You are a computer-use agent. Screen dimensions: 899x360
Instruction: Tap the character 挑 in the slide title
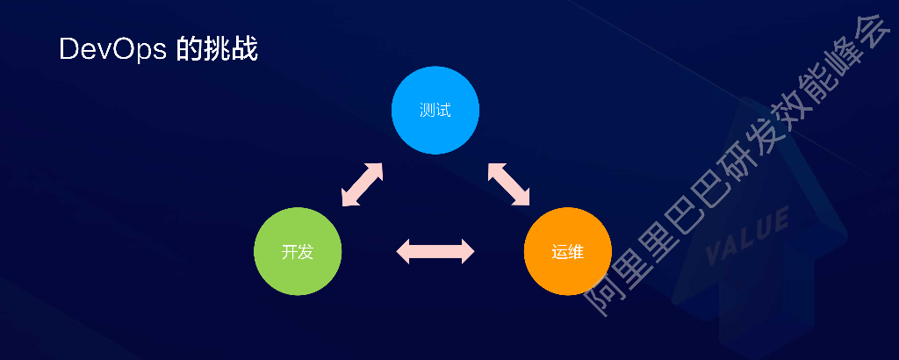coord(217,49)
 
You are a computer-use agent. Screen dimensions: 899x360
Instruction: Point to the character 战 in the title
coord(245,49)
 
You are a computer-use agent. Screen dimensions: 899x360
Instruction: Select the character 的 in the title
coord(190,49)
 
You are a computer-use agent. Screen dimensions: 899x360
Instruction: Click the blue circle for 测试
coord(435,110)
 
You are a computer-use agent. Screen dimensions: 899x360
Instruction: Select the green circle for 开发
coord(298,252)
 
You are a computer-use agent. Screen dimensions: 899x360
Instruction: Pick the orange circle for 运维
coord(567,252)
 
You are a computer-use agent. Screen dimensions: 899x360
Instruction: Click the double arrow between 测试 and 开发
coord(361,184)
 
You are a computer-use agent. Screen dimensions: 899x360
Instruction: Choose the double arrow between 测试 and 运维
coord(510,184)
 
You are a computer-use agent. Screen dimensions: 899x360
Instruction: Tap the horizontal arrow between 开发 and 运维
coord(435,252)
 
